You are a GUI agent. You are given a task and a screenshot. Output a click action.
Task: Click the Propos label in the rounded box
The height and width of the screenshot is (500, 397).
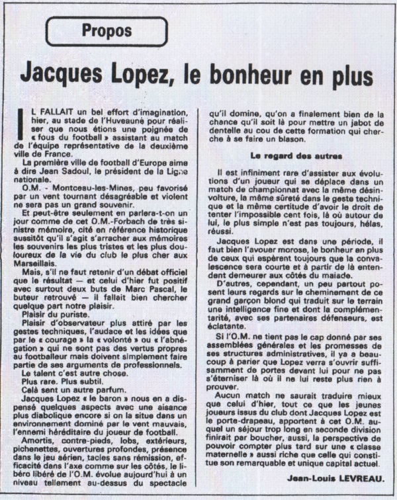pos(107,30)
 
